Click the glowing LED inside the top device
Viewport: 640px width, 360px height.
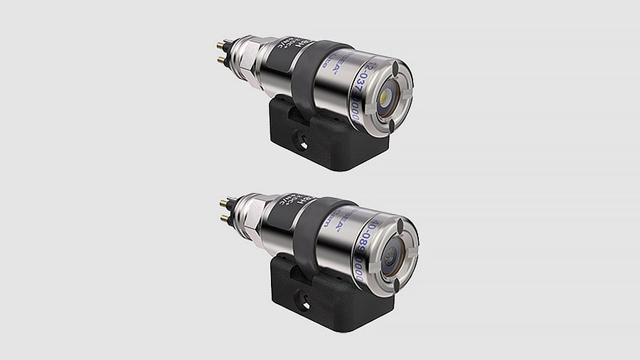385,94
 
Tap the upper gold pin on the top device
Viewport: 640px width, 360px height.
221,46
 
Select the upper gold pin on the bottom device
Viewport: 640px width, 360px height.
223,204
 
